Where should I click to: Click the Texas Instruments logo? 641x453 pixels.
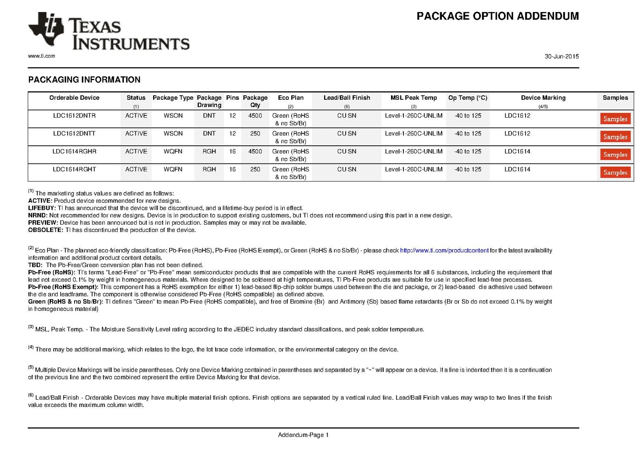(x=108, y=32)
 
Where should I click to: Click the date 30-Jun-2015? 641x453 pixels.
(x=561, y=56)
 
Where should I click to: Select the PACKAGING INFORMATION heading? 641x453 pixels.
(x=84, y=80)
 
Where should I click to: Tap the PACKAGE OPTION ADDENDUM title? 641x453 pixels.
(x=498, y=16)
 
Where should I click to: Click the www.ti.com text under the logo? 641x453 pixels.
(x=42, y=56)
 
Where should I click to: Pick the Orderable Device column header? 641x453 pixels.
(x=74, y=98)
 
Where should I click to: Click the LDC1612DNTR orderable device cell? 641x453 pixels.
(x=74, y=116)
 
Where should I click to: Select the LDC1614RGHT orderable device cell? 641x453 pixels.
(x=74, y=169)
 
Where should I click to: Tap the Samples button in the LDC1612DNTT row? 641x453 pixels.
(x=615, y=137)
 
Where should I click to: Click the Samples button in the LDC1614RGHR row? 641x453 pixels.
(x=615, y=155)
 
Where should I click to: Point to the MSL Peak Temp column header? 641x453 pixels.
(x=413, y=98)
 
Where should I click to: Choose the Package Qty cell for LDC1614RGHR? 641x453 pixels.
(x=255, y=151)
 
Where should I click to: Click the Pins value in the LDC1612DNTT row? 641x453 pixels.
(x=232, y=134)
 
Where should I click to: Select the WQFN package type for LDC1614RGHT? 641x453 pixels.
(x=173, y=169)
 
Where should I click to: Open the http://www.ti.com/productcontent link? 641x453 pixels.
(x=444, y=251)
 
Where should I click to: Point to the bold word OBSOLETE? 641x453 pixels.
(x=45, y=230)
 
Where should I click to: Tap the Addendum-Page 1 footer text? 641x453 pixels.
(x=303, y=435)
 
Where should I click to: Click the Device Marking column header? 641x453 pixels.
(x=543, y=98)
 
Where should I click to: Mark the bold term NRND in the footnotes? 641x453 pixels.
(x=37, y=215)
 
